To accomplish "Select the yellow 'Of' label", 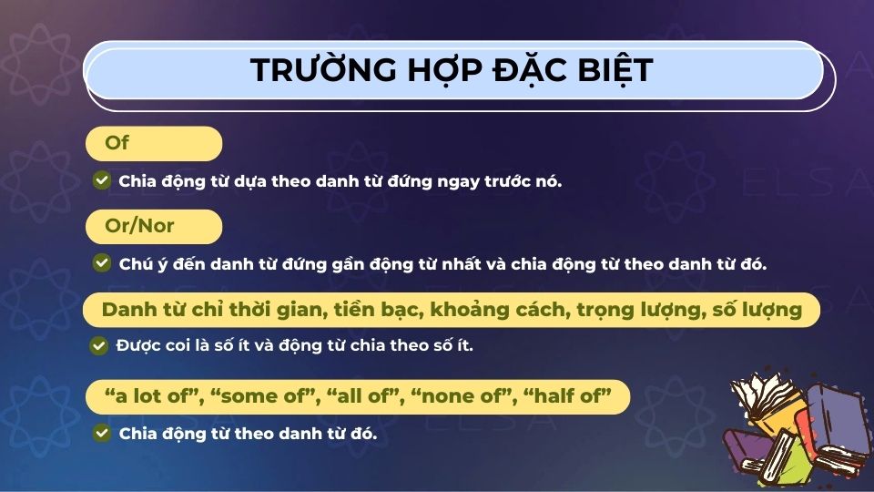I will (x=117, y=143).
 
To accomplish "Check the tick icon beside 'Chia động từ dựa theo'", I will (x=102, y=180).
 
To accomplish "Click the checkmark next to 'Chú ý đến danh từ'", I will (x=102, y=263).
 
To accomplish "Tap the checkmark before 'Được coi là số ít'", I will (x=99, y=346).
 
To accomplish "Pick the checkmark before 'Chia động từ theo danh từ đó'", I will (x=102, y=434).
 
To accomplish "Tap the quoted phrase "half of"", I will (x=567, y=396).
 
